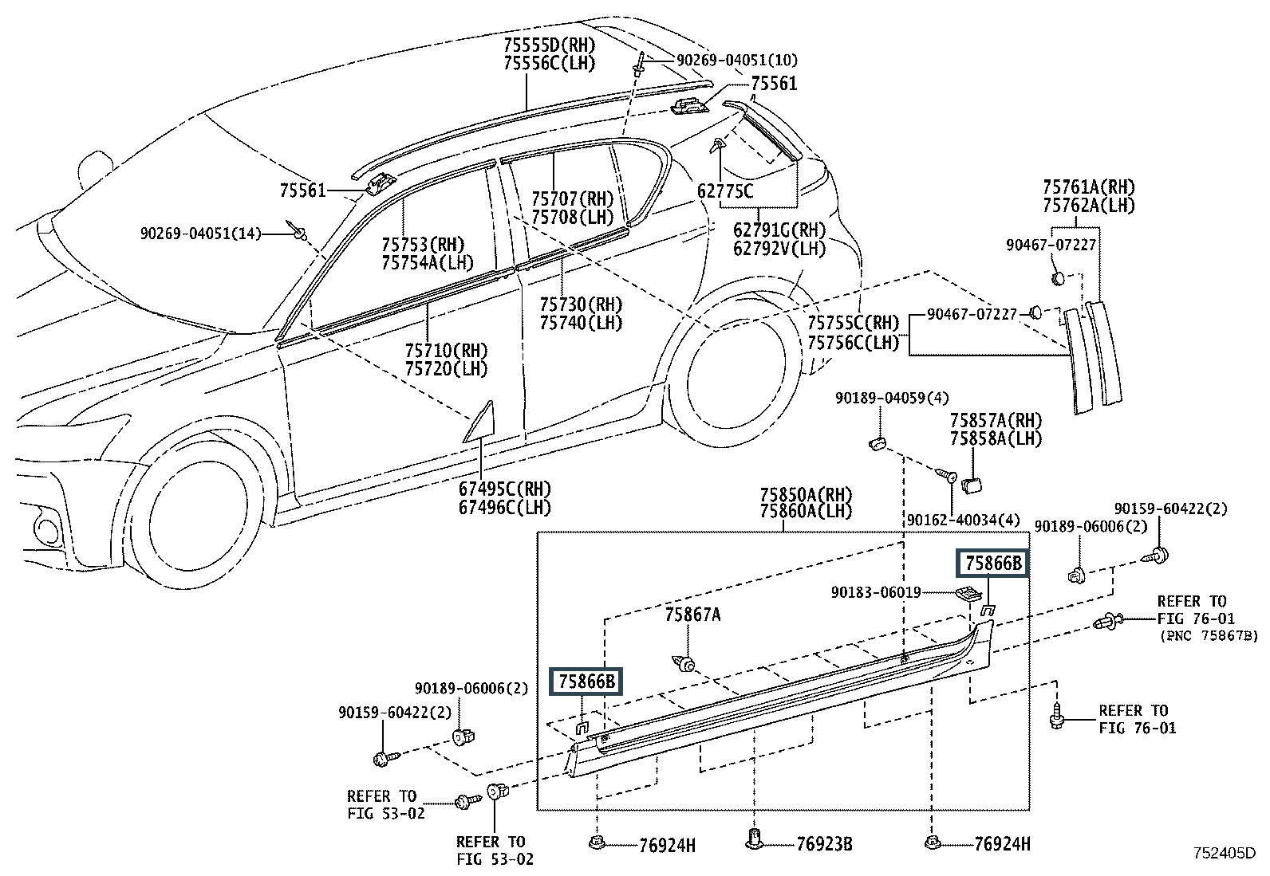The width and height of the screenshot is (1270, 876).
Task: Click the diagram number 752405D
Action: click(x=1225, y=853)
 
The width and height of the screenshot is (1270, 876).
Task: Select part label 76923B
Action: click(x=824, y=844)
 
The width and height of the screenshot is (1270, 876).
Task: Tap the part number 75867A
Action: click(x=692, y=615)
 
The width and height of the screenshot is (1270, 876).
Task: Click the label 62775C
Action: click(x=725, y=191)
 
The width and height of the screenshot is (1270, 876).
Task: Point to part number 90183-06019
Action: click(x=876, y=592)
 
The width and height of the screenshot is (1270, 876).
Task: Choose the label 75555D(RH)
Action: click(x=550, y=45)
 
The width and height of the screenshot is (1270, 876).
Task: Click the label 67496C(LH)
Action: click(x=505, y=507)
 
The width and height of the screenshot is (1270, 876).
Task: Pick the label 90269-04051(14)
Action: click(x=201, y=233)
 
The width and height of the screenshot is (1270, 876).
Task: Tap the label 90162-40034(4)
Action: click(x=964, y=520)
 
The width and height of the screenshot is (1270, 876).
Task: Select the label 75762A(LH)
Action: click(x=1089, y=205)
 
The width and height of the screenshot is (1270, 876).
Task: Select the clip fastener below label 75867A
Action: click(x=685, y=663)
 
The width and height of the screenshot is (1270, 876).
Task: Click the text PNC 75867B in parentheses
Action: click(x=1209, y=636)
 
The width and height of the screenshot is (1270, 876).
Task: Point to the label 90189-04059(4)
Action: click(x=892, y=398)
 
